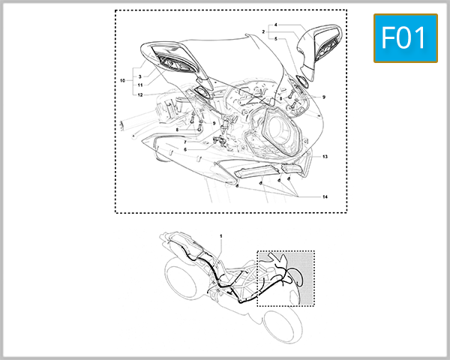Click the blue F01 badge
click(x=404, y=38)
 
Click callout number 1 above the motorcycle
click(x=221, y=236)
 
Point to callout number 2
click(x=263, y=31)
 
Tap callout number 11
click(x=139, y=86)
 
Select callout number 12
click(x=139, y=94)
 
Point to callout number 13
click(x=325, y=157)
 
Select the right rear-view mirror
click(x=320, y=47)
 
